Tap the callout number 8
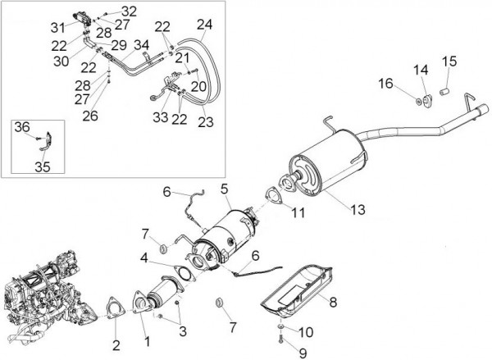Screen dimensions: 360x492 (x=333, y=302)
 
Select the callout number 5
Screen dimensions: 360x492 (x=224, y=188)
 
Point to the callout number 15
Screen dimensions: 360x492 (x=449, y=61)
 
